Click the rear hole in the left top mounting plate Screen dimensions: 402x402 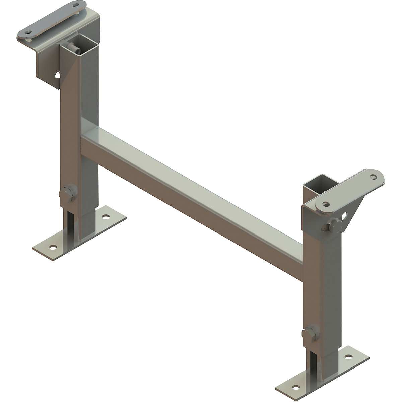click(x=78, y=5)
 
